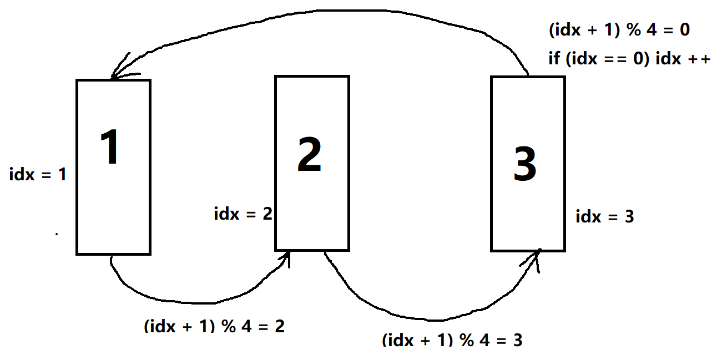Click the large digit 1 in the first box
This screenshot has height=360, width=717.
[112, 147]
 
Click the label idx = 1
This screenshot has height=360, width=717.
[38, 175]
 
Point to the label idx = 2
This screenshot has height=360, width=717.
[243, 214]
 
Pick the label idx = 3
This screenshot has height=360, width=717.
[604, 216]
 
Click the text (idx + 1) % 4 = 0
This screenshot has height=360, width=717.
[619, 30]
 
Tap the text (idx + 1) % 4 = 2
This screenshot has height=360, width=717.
[214, 326]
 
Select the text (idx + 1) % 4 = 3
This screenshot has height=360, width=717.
[452, 339]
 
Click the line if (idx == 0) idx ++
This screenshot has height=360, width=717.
[629, 59]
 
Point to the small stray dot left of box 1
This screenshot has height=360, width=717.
[57, 235]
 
